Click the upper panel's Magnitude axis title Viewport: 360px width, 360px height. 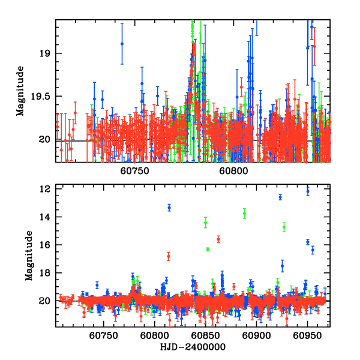coord(21,91)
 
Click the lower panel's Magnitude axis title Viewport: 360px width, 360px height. coord(28,257)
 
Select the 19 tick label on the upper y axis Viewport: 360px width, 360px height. coord(47,53)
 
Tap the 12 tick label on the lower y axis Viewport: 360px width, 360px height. coord(44,189)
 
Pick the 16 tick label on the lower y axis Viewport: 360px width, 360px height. coord(44,245)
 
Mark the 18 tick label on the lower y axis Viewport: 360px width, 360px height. coord(44,273)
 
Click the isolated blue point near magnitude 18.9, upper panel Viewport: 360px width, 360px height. coord(122,43)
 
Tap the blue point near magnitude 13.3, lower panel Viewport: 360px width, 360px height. coord(169,208)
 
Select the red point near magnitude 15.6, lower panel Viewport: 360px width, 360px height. coord(218,239)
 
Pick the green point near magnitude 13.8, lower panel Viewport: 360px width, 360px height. coord(244,213)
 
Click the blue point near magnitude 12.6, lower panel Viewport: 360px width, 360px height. coord(280,197)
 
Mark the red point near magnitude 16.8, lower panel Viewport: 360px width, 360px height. coord(169,256)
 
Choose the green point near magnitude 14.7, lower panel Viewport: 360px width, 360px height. coord(284,227)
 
